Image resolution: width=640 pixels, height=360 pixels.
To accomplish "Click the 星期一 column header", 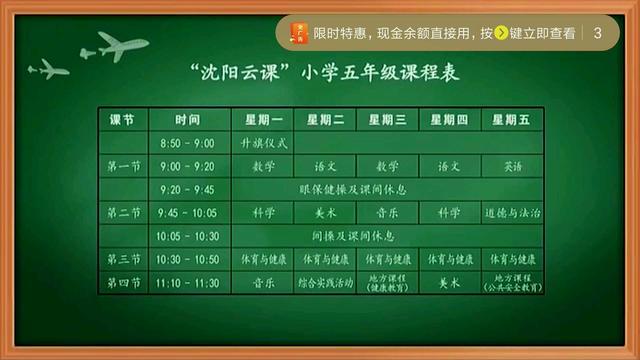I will coord(263,119).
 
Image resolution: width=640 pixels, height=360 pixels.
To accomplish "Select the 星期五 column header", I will coord(512,119).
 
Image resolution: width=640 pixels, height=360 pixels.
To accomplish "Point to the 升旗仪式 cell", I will coord(263,142).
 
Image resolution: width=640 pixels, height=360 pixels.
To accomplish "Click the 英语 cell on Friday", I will coord(512,166).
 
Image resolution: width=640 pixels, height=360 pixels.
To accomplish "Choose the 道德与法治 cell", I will coord(512,212).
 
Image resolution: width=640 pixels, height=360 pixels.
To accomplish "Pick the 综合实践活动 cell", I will coord(325,283).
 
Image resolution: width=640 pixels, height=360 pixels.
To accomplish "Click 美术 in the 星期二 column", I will coord(325,212).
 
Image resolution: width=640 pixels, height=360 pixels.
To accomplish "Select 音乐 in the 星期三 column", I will coord(387,212).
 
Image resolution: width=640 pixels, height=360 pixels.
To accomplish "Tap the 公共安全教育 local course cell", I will coord(512,283).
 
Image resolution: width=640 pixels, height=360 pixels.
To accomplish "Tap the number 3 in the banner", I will coord(598,32).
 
